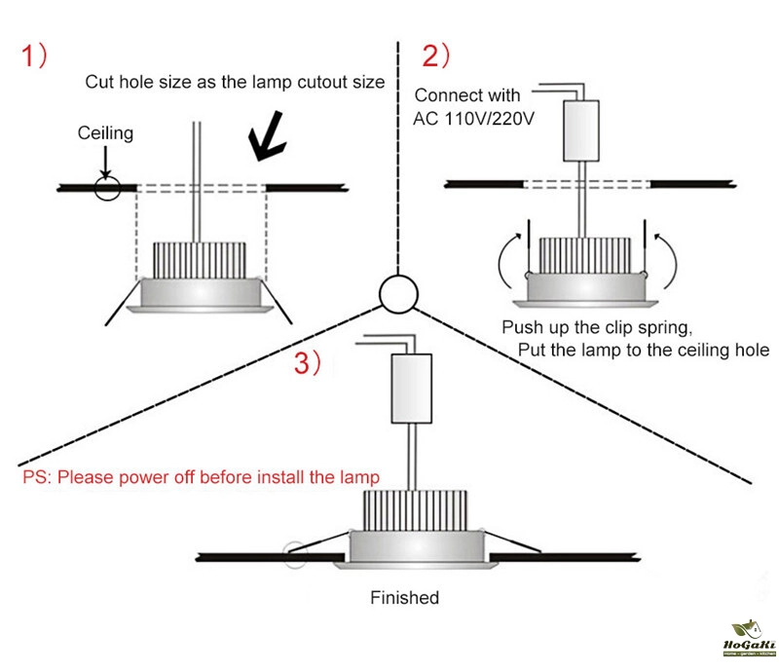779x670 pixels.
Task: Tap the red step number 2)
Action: (434, 56)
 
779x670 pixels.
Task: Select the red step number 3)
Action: (309, 363)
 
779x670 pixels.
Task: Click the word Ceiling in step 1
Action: (105, 133)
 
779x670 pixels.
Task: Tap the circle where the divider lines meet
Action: (397, 291)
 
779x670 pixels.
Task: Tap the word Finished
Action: (404, 597)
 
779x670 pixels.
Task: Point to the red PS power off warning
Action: (201, 478)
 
